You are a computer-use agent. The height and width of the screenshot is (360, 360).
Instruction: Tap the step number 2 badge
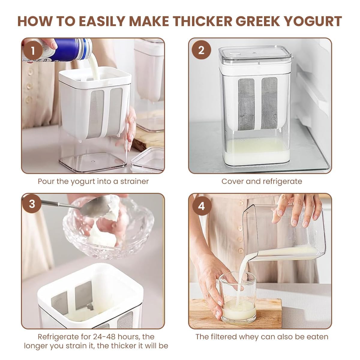pos(201,50)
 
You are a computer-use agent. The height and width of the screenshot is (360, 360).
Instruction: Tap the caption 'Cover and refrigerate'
pos(262,181)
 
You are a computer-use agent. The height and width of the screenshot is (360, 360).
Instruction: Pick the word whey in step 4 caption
pos(249,337)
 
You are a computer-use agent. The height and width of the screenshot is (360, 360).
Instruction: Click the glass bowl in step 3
pos(108,231)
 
